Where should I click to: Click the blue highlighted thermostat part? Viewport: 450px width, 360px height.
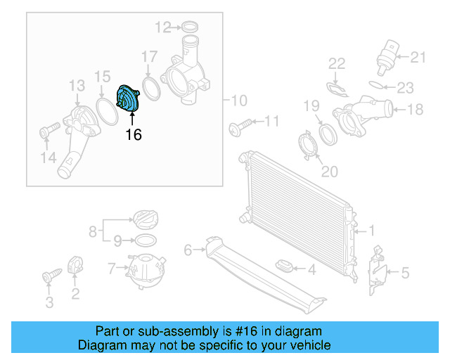tap(129, 98)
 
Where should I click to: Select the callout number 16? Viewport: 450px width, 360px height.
tap(133, 134)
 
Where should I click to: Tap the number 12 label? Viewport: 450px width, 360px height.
tap(163, 27)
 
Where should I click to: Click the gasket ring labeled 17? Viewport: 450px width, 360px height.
tap(149, 86)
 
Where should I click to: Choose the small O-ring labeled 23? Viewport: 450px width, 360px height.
tap(377, 86)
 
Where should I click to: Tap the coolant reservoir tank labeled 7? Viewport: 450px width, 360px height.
tap(144, 269)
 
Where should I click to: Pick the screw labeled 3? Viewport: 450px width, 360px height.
tap(50, 276)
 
